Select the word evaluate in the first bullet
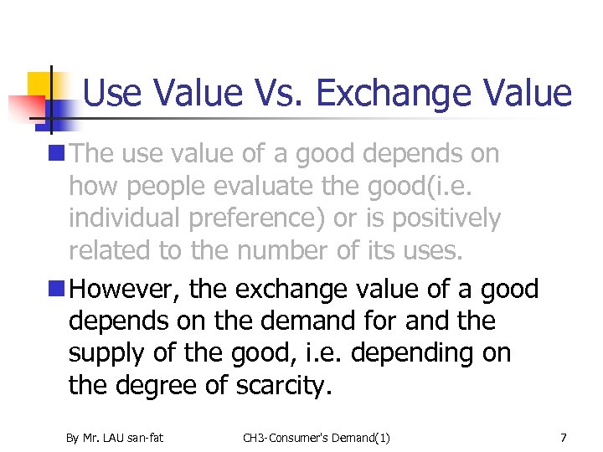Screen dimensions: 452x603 tap(277, 186)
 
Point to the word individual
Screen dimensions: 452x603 tap(125, 218)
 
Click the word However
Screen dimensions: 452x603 tap(126, 290)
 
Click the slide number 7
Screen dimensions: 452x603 tap(564, 437)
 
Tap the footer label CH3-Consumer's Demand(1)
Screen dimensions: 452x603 tap(317, 437)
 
